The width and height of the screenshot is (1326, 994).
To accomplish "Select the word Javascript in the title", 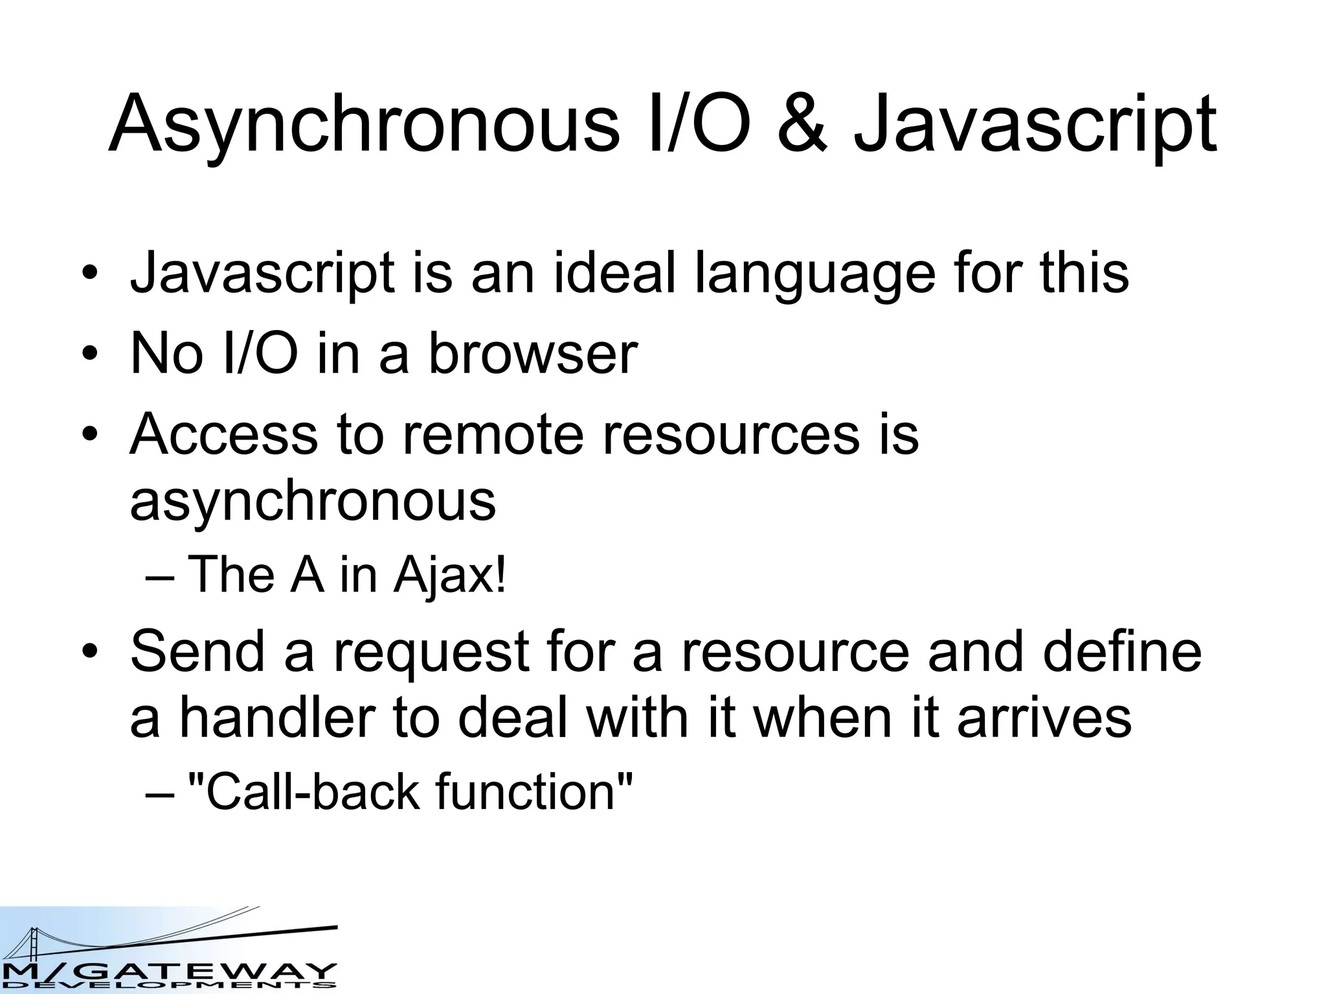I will point(1035,124).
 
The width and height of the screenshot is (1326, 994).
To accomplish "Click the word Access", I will point(224,433).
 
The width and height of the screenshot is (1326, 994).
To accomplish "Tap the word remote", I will point(493,433).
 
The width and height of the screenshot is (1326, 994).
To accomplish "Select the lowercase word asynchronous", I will point(313,501).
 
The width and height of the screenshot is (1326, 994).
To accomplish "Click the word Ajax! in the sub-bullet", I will point(449,575).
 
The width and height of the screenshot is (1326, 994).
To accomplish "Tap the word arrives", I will point(1044,719).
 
